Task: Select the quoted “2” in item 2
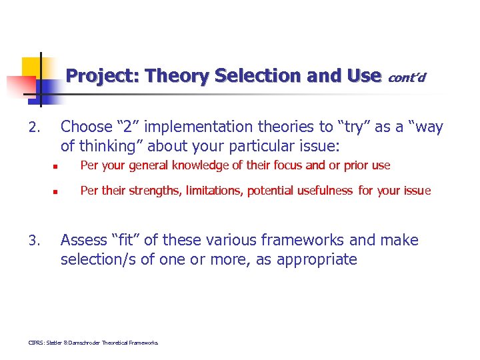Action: pyautogui.click(x=131, y=127)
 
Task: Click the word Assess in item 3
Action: pyautogui.click(x=84, y=240)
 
